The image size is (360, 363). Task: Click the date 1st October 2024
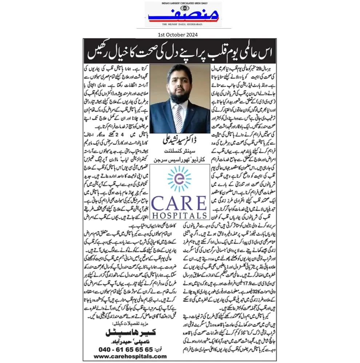[178, 35]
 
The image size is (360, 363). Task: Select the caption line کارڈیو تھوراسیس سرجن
[179, 160]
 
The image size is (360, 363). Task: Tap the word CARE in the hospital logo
[179, 203]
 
